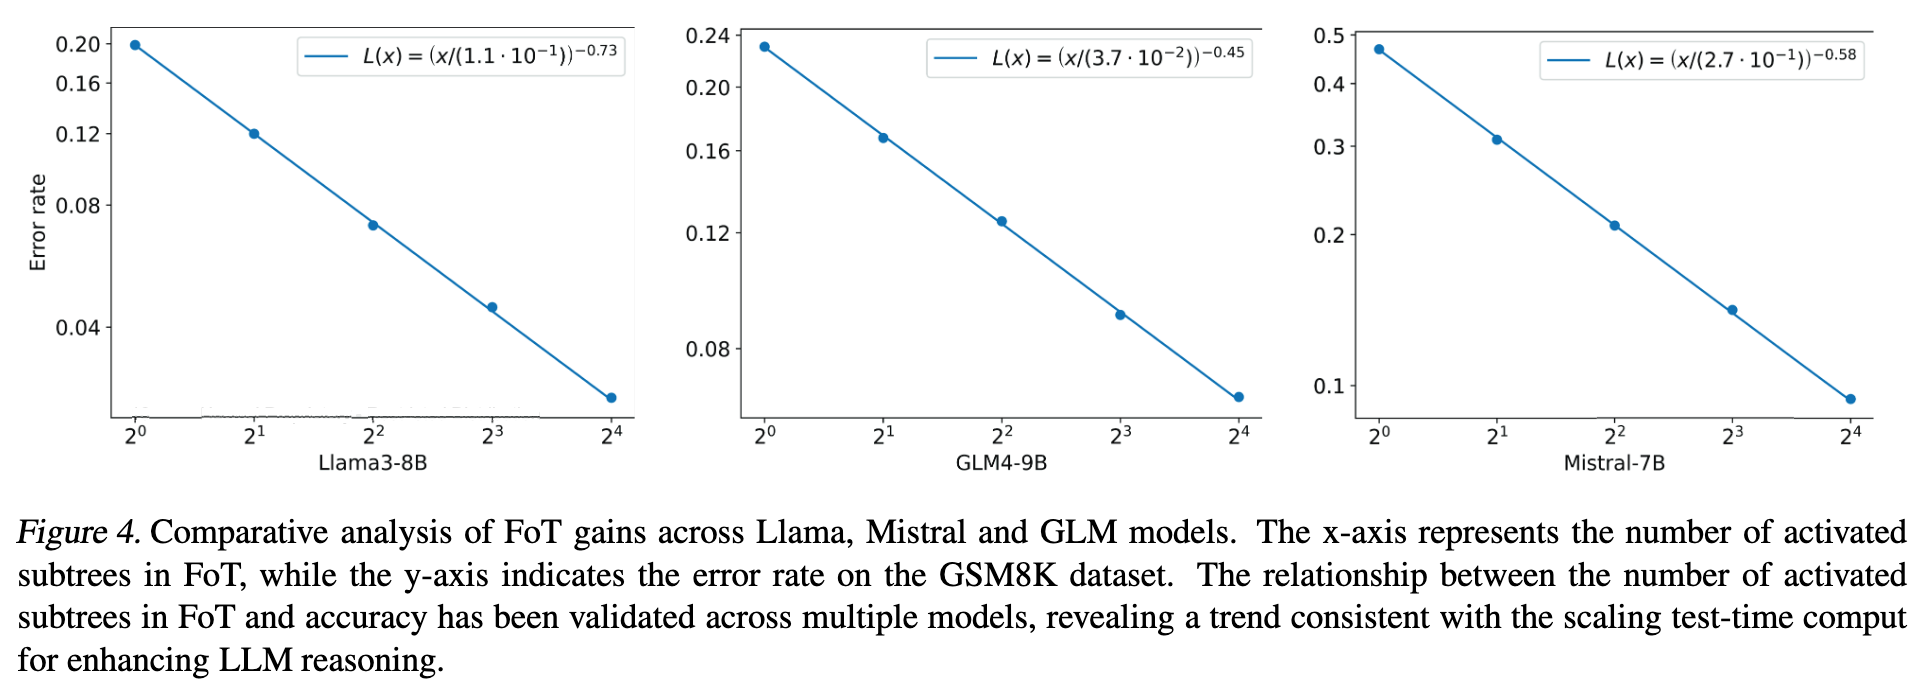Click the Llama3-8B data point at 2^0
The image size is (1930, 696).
tap(135, 45)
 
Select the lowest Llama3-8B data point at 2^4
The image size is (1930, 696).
tap(611, 398)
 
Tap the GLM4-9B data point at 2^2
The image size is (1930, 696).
tap(1001, 221)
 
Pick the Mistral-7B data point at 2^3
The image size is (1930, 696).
tap(1732, 310)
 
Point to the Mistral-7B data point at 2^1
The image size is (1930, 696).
tap(1496, 139)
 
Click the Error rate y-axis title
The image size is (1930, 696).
tap(38, 222)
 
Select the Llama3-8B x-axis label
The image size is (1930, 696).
tap(372, 463)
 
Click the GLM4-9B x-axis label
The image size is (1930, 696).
tap(1001, 463)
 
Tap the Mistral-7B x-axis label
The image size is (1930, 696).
tap(1614, 463)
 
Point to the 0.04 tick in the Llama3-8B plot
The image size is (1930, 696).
tap(78, 327)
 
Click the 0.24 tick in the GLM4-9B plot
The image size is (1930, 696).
tap(707, 36)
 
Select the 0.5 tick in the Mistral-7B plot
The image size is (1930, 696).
tap(1329, 36)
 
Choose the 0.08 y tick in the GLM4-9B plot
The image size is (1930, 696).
tap(707, 349)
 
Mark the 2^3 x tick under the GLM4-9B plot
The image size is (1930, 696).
tap(1120, 435)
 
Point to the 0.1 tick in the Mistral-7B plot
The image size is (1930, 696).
tap(1329, 386)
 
